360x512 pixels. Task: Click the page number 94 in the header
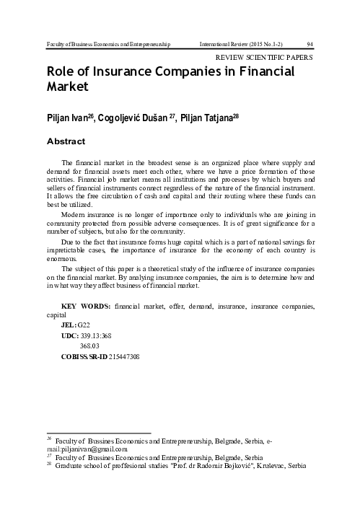(310, 44)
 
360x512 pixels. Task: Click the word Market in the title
(67, 87)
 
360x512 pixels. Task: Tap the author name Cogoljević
(132, 115)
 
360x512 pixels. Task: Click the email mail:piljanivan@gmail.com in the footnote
(87, 448)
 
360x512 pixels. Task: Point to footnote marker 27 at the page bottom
(49, 455)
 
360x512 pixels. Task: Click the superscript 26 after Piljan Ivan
(91, 113)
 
